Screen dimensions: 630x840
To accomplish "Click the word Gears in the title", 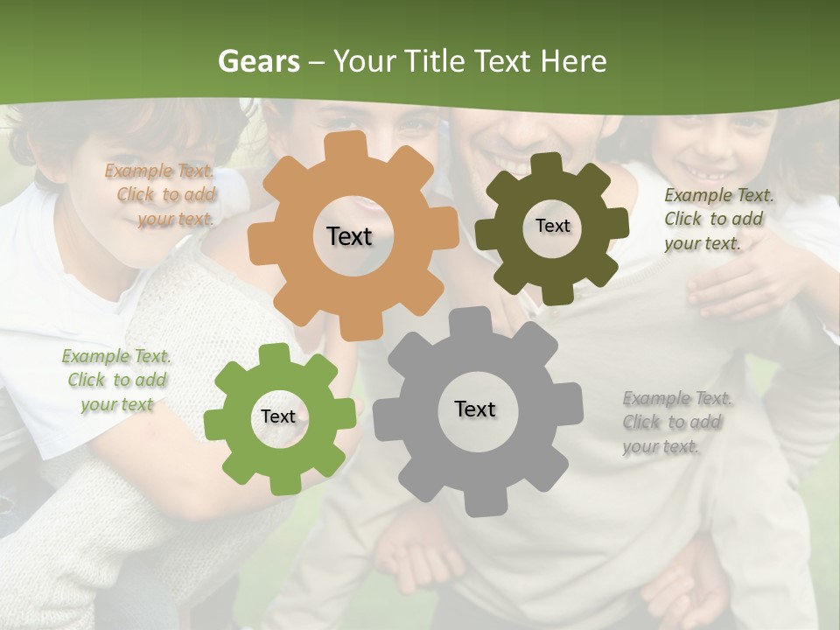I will point(258,61).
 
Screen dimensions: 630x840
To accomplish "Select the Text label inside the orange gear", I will point(349,236).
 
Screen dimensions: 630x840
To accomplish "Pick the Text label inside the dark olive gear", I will point(552,226).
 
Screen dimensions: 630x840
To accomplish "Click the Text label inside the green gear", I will point(278,416).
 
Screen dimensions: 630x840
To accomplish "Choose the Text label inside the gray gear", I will point(475,409).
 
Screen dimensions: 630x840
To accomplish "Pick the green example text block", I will point(116,380).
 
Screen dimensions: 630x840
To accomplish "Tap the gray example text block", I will point(675,422).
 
